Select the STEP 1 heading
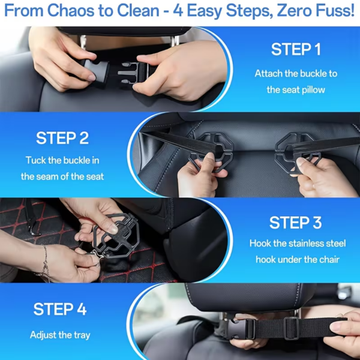296,49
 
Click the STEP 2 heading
62,138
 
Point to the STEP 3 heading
296,223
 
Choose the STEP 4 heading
60,309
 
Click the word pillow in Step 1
313,90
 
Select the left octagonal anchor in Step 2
211,152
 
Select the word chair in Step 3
329,259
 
